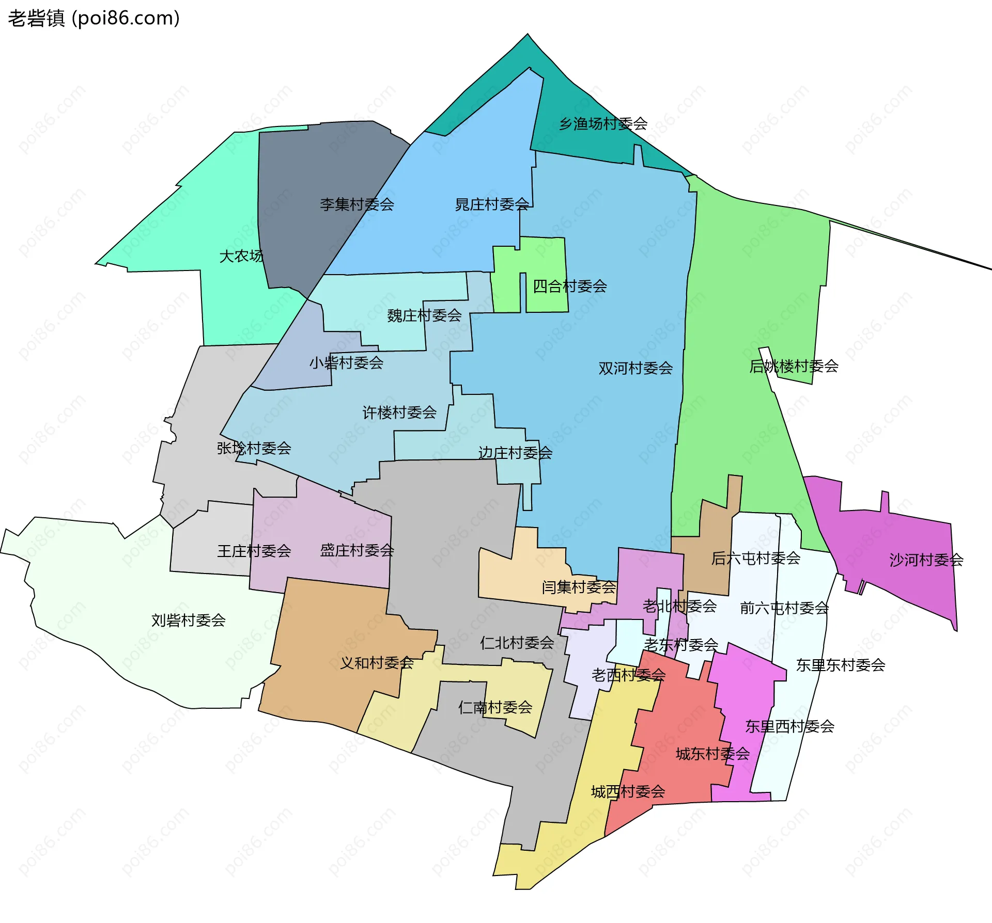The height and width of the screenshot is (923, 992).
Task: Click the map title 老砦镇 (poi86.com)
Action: pos(94,19)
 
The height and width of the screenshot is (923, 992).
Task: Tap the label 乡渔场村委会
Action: pos(603,124)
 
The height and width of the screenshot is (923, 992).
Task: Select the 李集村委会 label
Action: pos(357,204)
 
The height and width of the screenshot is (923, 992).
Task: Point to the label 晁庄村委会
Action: pos(491,204)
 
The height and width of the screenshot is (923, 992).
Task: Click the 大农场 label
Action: pos(241,256)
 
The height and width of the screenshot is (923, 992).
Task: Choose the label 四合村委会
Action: pos(569,286)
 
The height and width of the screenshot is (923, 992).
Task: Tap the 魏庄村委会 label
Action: pos(424,315)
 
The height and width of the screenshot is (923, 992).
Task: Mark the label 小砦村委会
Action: pos(346,363)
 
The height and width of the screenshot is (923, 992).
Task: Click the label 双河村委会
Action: pos(636,368)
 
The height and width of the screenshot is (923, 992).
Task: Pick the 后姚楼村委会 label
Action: pos(794,366)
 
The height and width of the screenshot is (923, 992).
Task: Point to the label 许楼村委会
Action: pos(399,412)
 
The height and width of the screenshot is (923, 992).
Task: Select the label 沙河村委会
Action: pos(926,560)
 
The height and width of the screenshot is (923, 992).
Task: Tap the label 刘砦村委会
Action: pos(188,620)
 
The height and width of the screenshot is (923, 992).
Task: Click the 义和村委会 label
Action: pos(377,663)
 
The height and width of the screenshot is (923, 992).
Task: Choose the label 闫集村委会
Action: pos(579,587)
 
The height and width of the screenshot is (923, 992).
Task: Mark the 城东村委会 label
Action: pos(712,754)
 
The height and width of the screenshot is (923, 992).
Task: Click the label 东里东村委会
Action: pos(841,665)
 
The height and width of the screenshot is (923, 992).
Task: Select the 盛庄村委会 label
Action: pos(357,550)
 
